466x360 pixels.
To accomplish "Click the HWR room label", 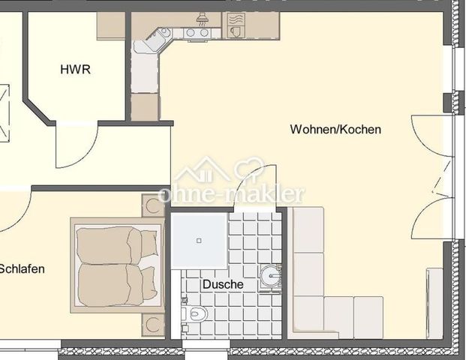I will click(75, 70).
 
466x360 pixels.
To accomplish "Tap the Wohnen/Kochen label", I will click(335, 129).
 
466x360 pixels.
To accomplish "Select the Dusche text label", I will click(222, 285).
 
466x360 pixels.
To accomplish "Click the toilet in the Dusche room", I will click(194, 313).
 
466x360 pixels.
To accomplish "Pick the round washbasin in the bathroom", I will click(271, 277).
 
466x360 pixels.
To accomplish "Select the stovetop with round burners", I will click(197, 32).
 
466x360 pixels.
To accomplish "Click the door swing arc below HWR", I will click(76, 147).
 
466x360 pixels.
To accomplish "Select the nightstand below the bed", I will click(154, 325).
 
